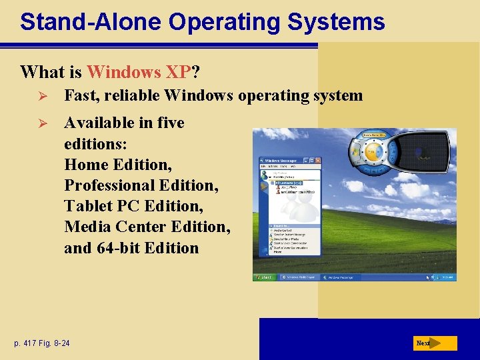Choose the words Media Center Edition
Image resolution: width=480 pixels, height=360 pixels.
pos(147,227)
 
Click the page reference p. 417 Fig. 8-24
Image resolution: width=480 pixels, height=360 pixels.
pos(41,343)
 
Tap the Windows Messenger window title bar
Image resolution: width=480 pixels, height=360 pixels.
pos(283,161)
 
